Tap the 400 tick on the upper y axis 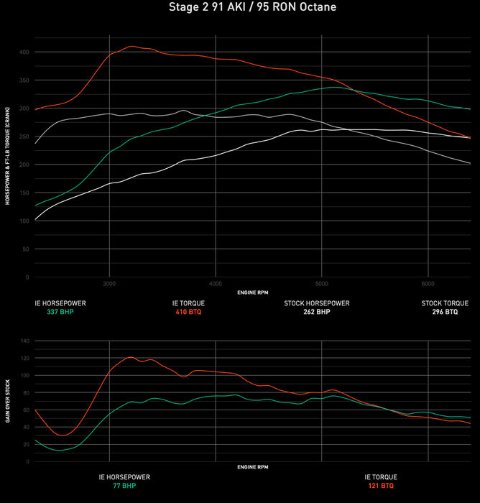pos(24,52)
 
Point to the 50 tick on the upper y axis pos(26,249)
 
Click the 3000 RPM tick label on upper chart pos(109,283)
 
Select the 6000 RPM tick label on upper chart pos(428,283)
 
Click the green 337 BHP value pos(60,313)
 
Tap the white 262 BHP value pos(317,313)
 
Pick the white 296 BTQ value pos(445,313)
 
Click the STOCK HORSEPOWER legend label pos(317,303)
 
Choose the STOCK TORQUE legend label pos(445,303)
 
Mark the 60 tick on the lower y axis pos(26,410)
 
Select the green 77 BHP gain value pos(124,486)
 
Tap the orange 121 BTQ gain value pos(380,486)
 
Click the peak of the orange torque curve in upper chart pos(131,46)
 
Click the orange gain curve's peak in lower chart pos(130,357)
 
